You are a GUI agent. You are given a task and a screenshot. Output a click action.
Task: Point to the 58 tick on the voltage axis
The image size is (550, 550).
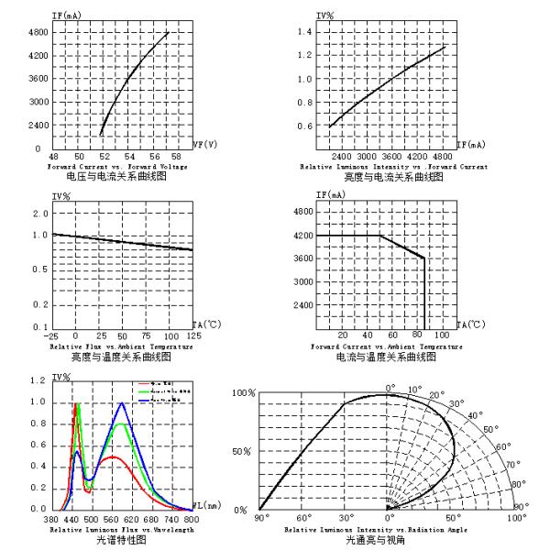[176, 157]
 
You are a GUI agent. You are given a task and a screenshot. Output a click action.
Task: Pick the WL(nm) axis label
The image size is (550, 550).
[204, 505]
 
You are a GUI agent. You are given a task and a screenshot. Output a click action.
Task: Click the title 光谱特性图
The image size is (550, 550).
[120, 540]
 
